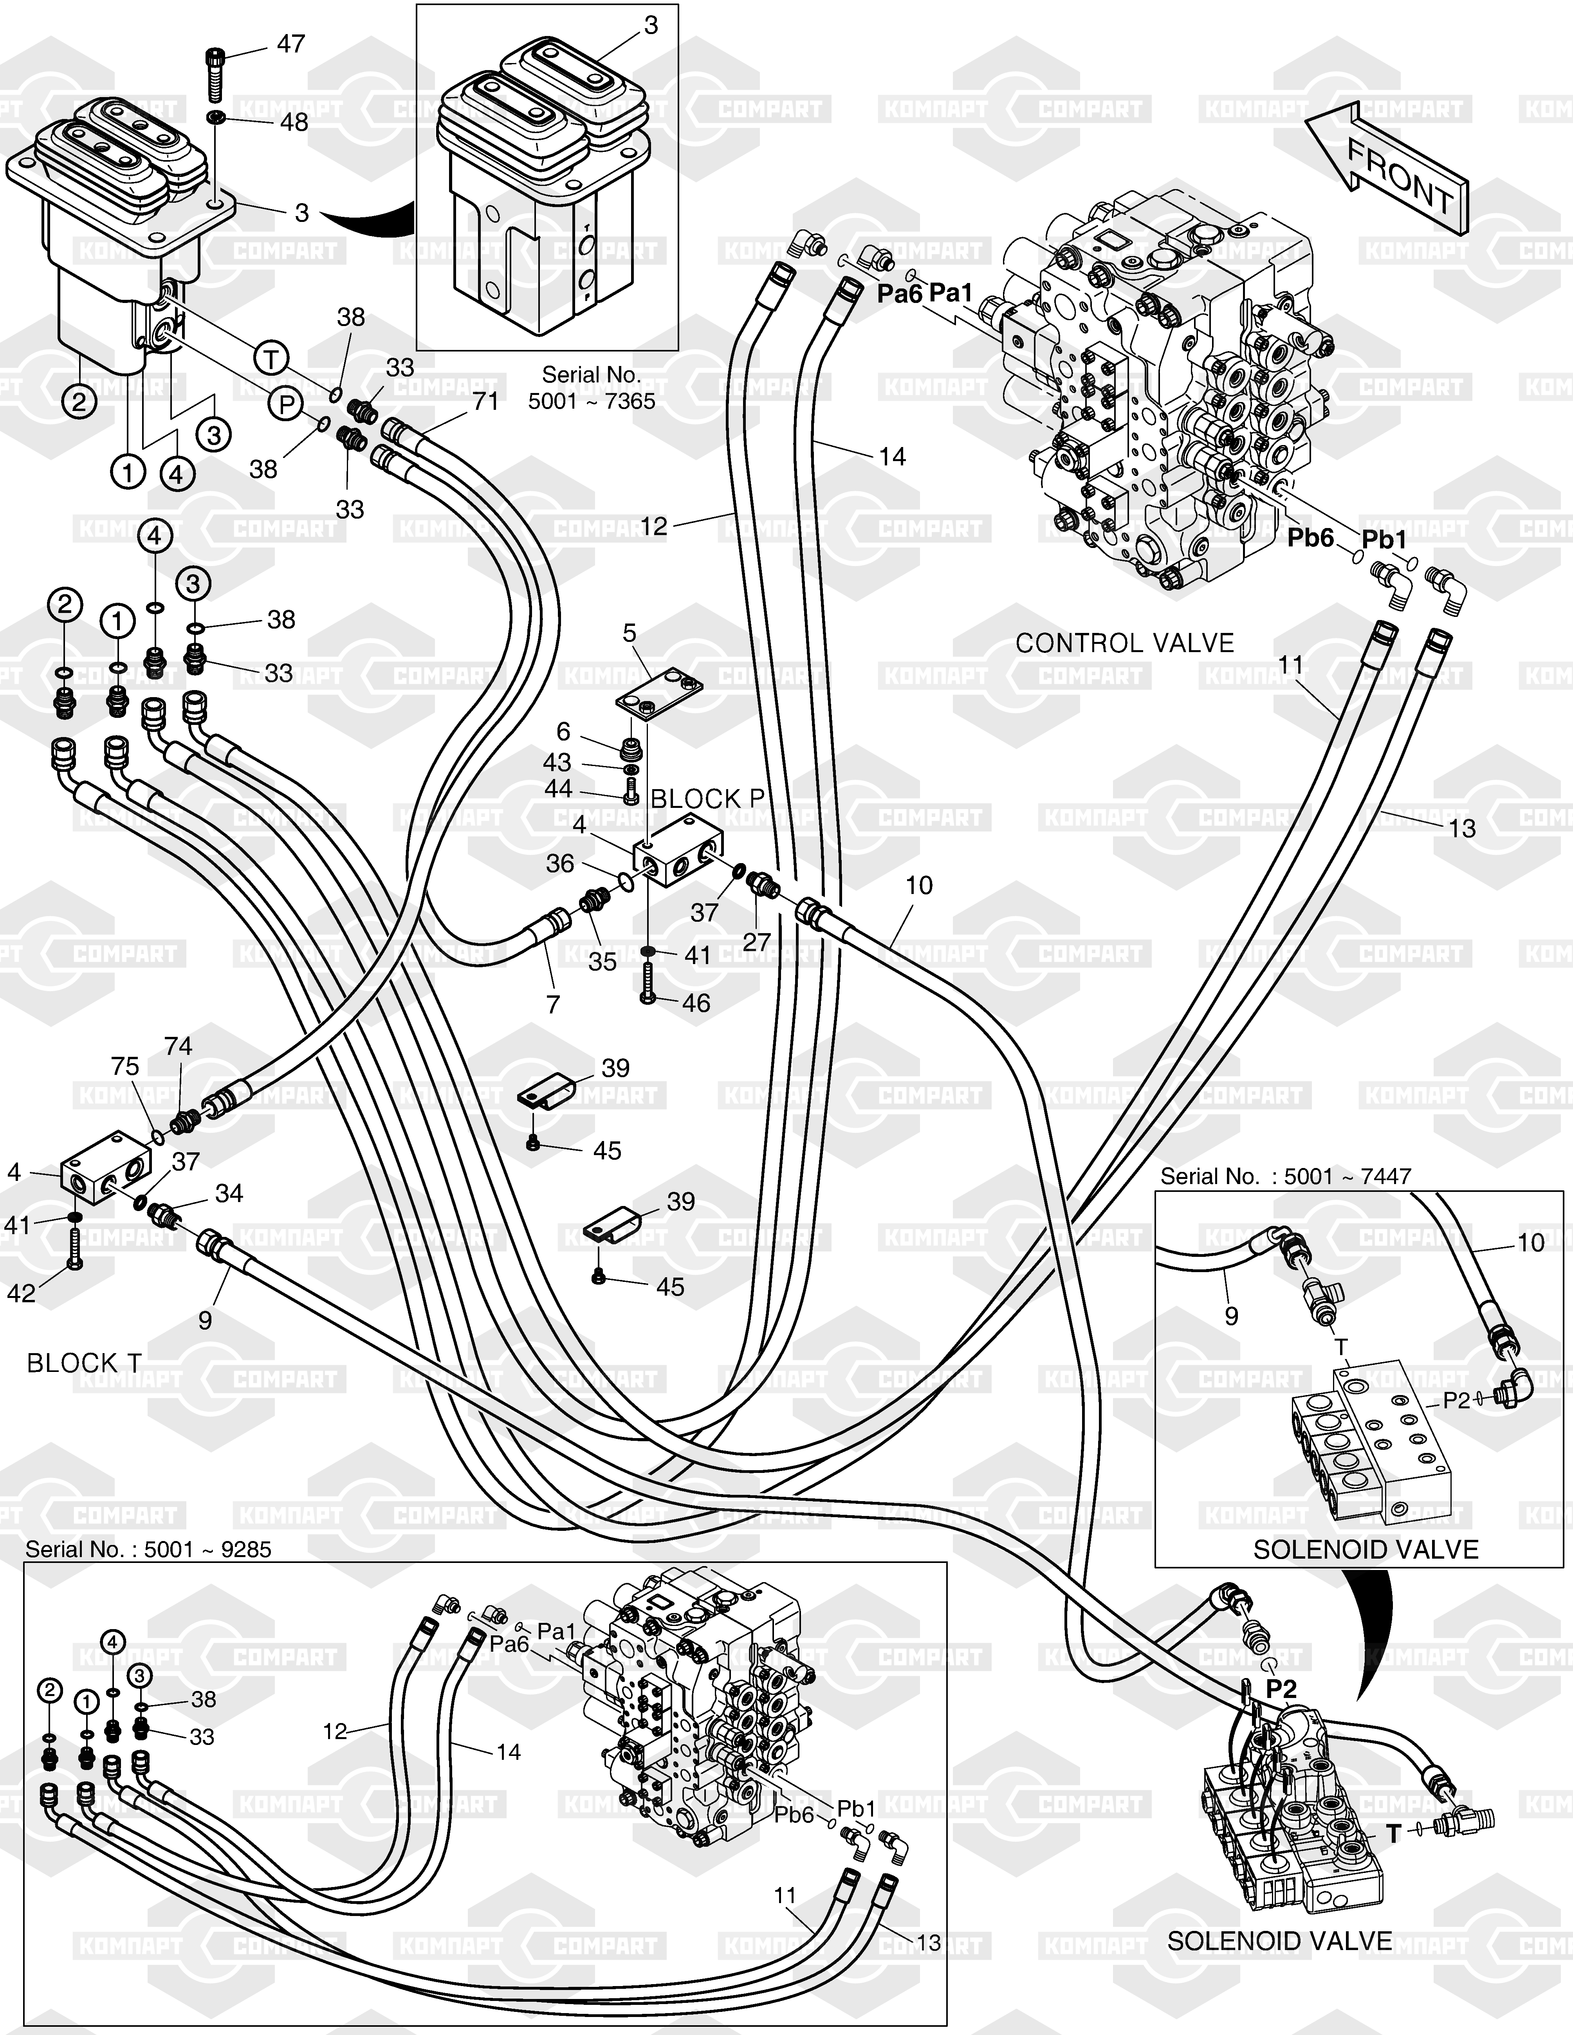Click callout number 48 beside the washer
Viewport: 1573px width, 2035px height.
(x=294, y=122)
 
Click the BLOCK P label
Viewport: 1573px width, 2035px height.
(x=707, y=798)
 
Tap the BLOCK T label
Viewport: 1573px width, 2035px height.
(x=84, y=1363)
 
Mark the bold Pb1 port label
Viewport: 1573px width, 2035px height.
(x=1384, y=539)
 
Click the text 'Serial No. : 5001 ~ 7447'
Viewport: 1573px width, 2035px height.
(x=1285, y=1177)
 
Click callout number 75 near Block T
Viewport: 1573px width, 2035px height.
(x=125, y=1066)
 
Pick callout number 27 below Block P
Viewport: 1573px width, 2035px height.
(x=757, y=942)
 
